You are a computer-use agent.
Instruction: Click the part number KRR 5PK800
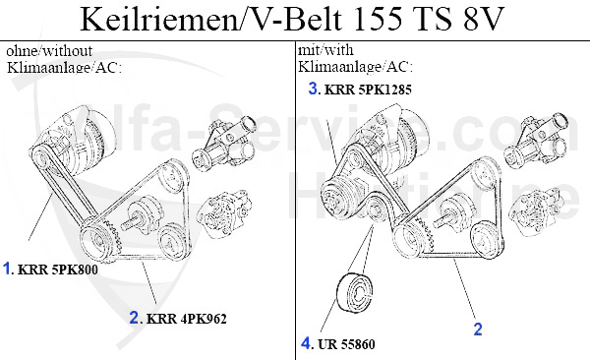tap(58, 270)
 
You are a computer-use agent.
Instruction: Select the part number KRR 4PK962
tap(187, 319)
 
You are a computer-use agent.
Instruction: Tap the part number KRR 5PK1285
tap(368, 90)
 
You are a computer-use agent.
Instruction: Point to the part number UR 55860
tap(346, 344)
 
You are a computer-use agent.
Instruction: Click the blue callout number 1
tap(7, 269)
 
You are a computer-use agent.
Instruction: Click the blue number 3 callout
tap(313, 89)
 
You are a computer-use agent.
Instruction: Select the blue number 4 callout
tap(306, 343)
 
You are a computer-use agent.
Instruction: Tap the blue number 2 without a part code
tap(478, 330)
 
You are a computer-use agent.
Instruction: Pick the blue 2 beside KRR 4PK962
tap(134, 318)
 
